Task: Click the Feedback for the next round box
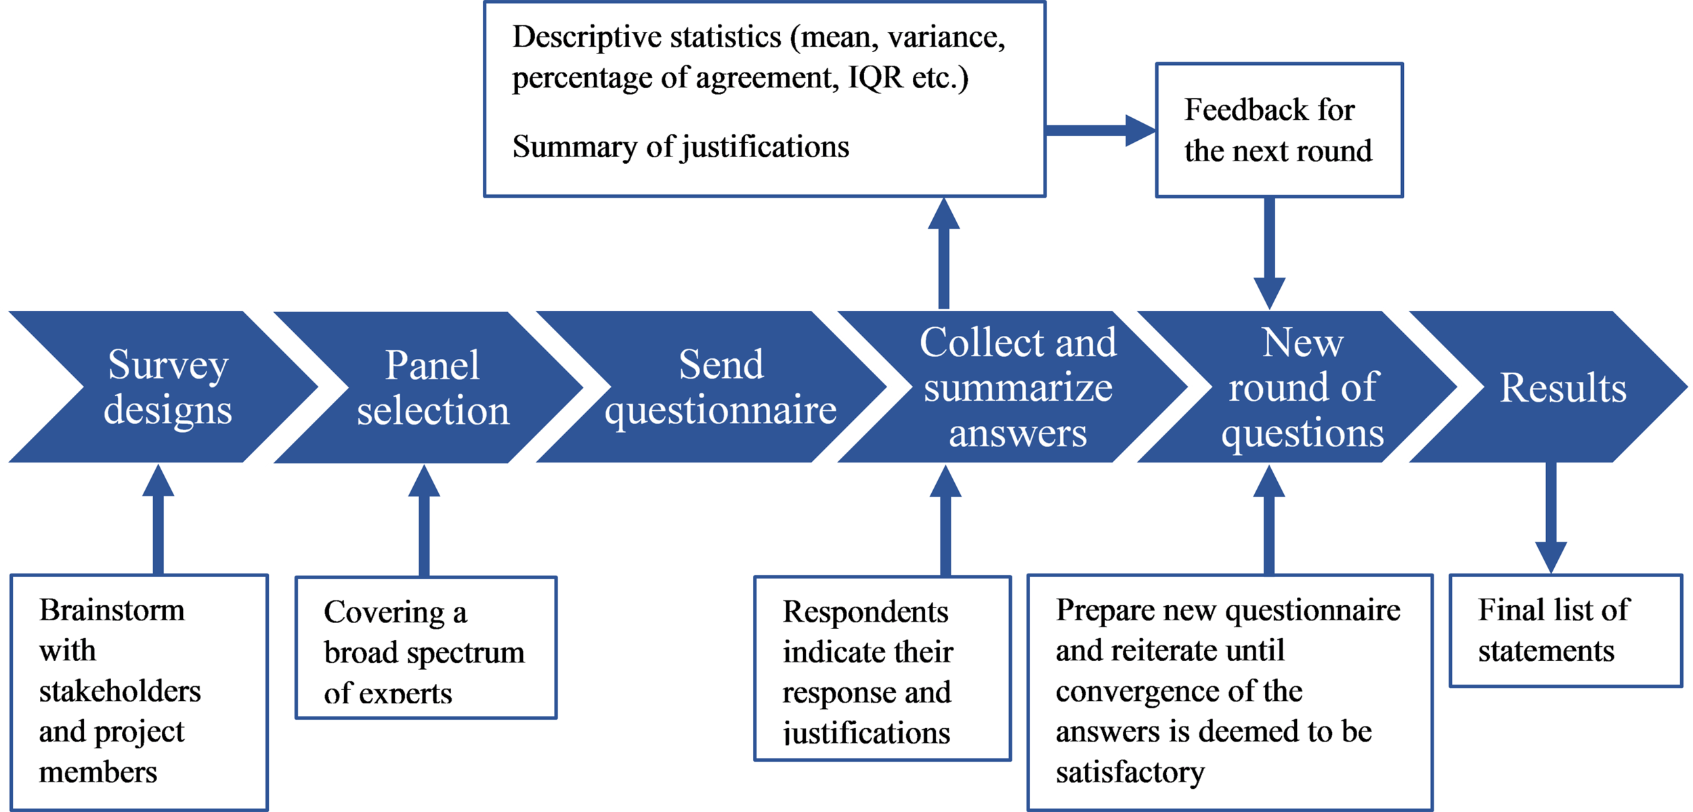pos(1279,130)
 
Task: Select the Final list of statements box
pos(1564,631)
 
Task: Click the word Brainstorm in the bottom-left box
pos(112,610)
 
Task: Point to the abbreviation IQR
pos(876,77)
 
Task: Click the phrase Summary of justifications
pos(681,147)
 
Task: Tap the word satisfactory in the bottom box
pos(1130,772)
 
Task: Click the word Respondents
pos(865,612)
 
